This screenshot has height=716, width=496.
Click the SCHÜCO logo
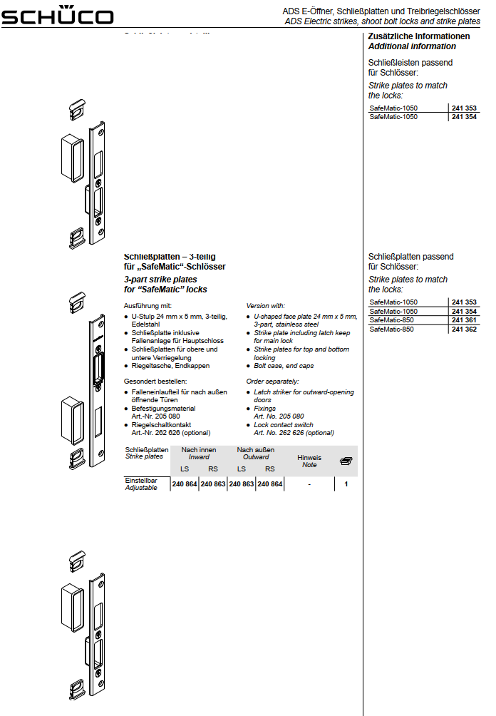(x=57, y=16)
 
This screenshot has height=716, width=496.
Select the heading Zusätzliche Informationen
(x=418, y=36)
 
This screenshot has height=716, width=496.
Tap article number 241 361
(x=464, y=320)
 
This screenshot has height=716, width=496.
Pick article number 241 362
(x=464, y=329)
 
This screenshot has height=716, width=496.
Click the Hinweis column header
(x=309, y=457)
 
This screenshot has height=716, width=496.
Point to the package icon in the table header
(x=346, y=461)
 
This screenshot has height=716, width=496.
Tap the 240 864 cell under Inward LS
(x=185, y=484)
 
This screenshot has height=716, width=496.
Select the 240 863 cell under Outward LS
(x=242, y=484)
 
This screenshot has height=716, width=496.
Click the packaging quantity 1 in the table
(x=346, y=484)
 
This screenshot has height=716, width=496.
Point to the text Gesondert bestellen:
(x=155, y=382)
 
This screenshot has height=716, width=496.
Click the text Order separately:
(x=274, y=382)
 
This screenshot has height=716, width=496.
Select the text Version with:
(x=266, y=305)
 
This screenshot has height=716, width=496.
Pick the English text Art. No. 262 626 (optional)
(x=294, y=433)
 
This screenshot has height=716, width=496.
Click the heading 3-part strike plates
(x=160, y=280)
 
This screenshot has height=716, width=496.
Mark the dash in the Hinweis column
(x=309, y=484)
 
